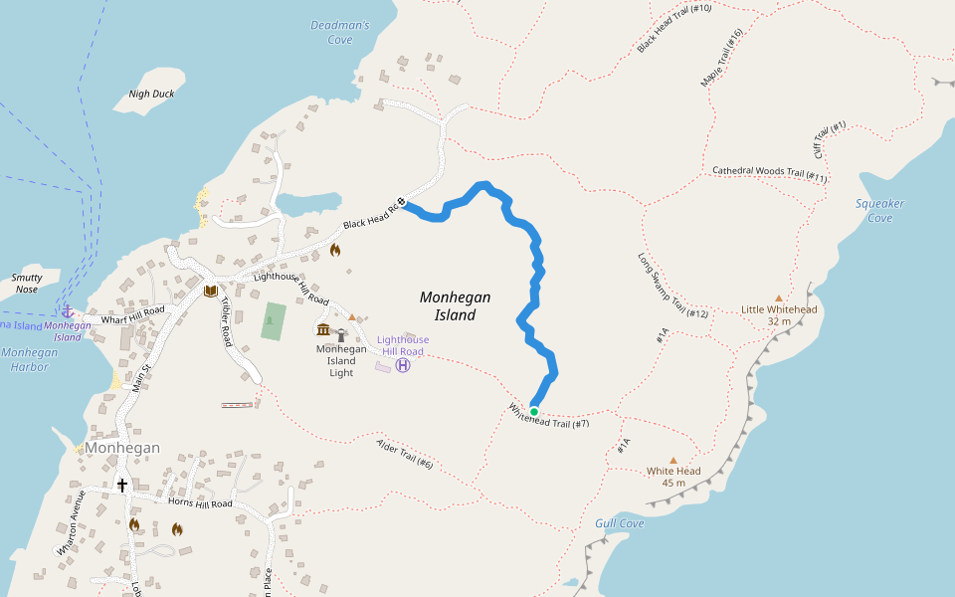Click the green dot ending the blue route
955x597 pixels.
tap(534, 411)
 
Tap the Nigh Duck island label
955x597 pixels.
tap(151, 95)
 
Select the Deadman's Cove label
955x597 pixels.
tap(339, 32)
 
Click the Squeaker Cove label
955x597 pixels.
tap(879, 210)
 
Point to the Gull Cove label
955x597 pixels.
tap(620, 523)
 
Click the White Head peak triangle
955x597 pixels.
tap(673, 460)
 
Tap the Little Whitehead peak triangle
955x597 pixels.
tap(779, 298)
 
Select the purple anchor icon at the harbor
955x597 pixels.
tap(68, 311)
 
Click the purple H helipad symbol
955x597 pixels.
tap(403, 365)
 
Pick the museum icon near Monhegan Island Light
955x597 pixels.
tap(323, 330)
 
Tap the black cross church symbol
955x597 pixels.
tap(122, 485)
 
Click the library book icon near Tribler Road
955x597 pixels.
tap(210, 291)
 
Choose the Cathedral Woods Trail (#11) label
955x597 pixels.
tap(769, 173)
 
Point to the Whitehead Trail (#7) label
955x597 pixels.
tap(549, 416)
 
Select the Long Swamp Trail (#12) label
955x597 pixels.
tap(672, 286)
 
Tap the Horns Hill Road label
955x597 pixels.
tap(200, 503)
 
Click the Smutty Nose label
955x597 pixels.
tap(26, 284)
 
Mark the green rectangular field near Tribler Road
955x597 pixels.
tap(273, 321)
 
